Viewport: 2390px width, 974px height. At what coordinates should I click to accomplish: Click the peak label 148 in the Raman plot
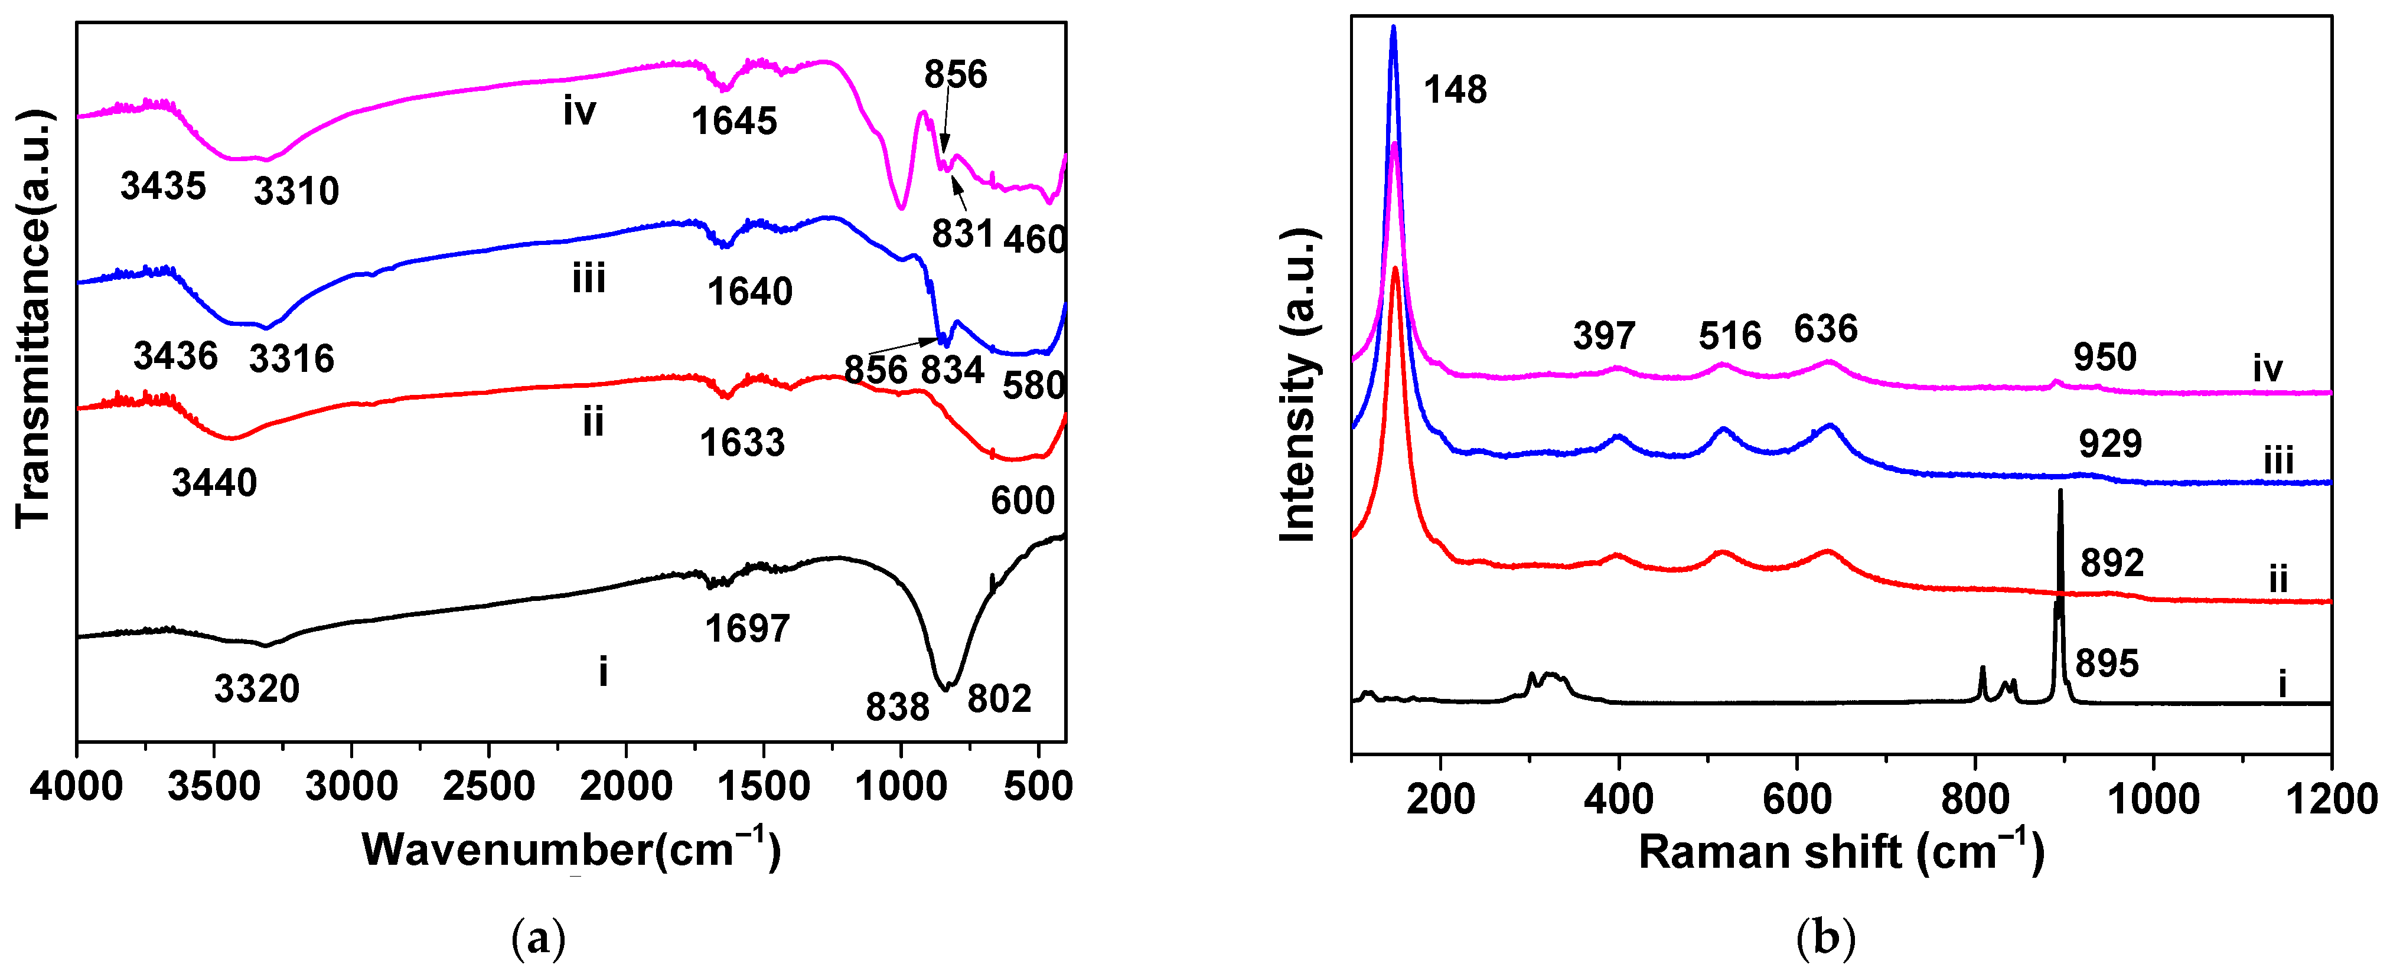click(x=1454, y=90)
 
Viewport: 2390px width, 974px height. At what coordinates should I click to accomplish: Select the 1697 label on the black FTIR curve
click(x=747, y=629)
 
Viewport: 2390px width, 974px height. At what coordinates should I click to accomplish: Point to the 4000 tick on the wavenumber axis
click(x=76, y=787)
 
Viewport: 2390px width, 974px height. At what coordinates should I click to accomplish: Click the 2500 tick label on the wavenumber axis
click(x=489, y=787)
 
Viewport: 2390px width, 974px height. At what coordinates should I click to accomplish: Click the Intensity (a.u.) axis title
click(x=1299, y=385)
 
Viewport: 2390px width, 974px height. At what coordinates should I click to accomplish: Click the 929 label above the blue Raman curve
click(x=2110, y=444)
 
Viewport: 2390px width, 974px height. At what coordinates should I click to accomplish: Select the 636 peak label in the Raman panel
click(x=1825, y=329)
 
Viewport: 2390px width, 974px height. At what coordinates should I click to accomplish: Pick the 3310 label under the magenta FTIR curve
click(x=296, y=191)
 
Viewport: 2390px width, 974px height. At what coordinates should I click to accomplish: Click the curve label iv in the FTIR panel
click(x=579, y=112)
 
